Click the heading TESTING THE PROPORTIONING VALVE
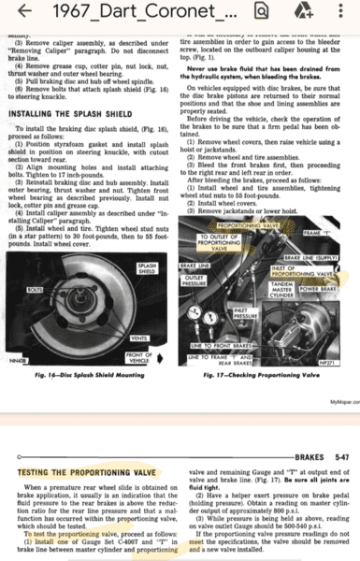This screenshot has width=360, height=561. click(90, 472)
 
